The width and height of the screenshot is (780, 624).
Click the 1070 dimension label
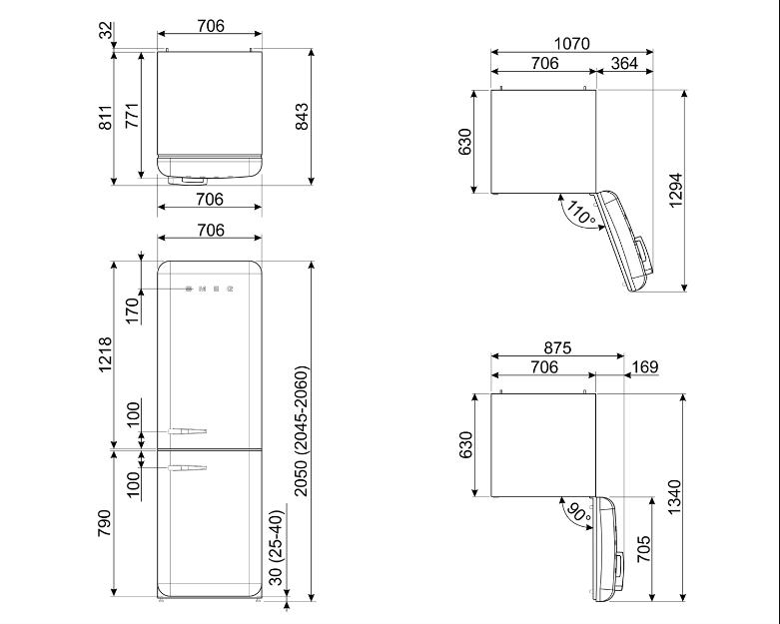pos(572,44)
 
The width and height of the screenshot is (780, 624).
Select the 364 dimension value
pos(624,63)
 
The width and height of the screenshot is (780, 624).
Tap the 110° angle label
pos(580,213)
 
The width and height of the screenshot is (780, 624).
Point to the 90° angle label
pos(578,513)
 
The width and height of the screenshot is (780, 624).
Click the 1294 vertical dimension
pos(675,191)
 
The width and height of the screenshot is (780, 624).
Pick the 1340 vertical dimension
pos(674,497)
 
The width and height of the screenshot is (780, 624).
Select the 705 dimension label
pos(644,549)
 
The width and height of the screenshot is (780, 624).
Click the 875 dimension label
pos(557,347)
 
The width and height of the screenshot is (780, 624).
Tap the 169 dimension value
pos(645,367)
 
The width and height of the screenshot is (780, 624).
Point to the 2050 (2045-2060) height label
pos(302,431)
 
